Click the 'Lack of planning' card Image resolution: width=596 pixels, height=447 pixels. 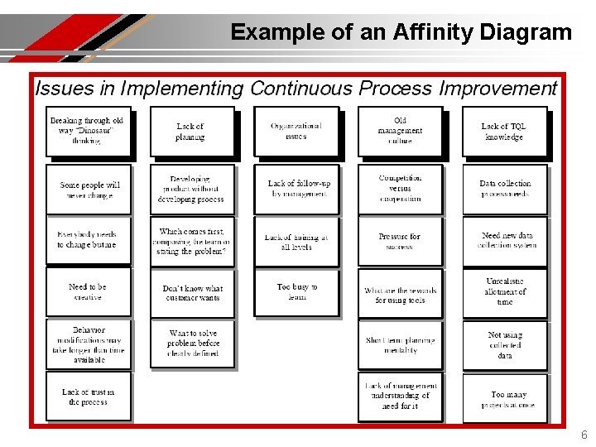point(191,132)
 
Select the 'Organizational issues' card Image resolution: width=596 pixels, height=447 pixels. point(296,131)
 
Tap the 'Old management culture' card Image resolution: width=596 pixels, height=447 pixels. point(400,131)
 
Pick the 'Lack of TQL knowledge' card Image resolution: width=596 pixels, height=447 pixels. point(504,132)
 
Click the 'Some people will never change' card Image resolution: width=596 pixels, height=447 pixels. point(89,190)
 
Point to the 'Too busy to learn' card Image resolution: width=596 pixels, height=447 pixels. point(296,292)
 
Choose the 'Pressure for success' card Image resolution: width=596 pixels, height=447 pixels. point(400,241)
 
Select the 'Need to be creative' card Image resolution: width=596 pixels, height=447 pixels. point(88,291)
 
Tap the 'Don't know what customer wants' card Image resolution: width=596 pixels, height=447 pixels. point(192,293)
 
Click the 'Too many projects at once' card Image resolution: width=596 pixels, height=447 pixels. point(504,399)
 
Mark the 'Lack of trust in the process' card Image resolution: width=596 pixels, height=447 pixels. point(88,397)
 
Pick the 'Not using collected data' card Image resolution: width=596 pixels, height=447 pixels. point(504,345)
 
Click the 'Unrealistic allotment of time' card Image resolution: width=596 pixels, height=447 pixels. point(504,291)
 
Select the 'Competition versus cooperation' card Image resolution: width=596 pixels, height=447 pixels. point(400,189)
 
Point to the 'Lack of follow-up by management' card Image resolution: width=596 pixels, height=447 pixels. point(296,189)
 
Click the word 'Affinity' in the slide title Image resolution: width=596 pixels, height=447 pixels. point(403,32)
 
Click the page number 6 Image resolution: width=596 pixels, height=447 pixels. point(584,435)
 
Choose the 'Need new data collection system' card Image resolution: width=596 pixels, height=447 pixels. point(504,241)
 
